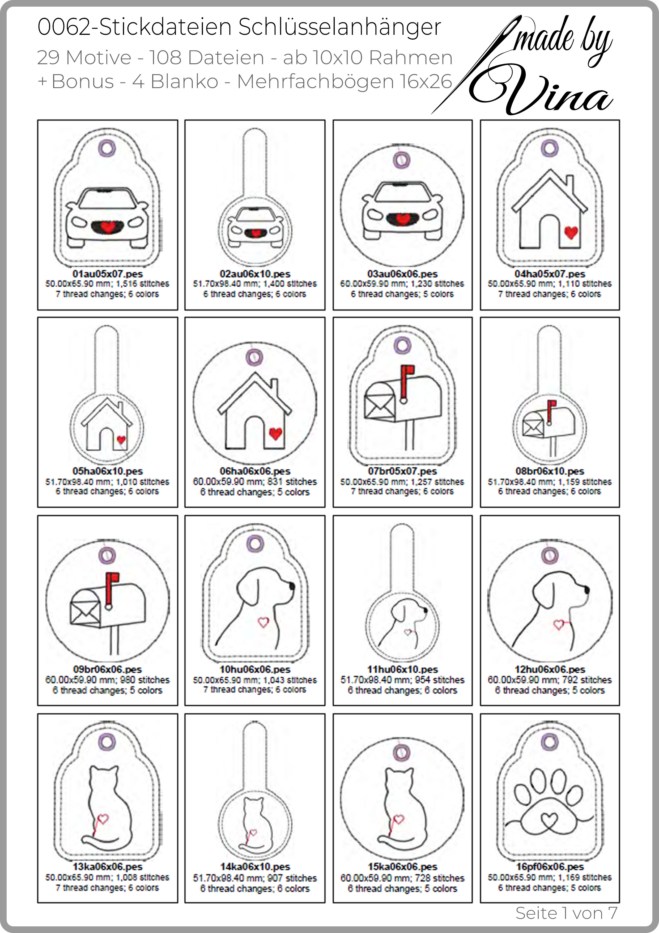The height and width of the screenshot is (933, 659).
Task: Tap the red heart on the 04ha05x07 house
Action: click(x=571, y=232)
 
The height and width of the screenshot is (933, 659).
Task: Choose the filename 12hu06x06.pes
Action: click(x=550, y=669)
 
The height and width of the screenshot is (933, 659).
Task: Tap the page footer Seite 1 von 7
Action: click(x=566, y=913)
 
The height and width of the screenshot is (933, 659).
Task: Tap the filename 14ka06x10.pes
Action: click(x=255, y=867)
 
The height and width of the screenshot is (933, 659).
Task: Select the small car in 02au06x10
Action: click(x=255, y=227)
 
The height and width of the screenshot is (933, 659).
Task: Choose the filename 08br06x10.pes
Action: click(x=550, y=471)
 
